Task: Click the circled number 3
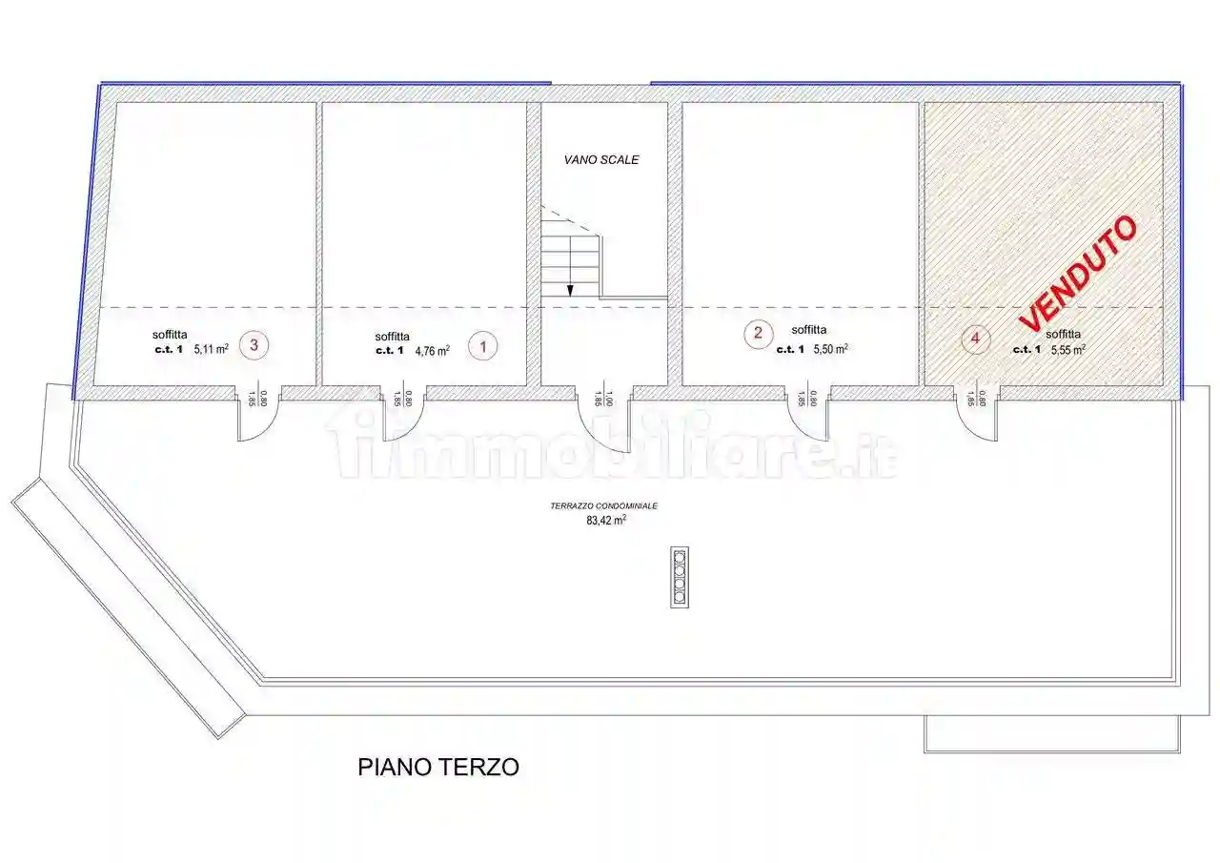tap(254, 345)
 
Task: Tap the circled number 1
tap(483, 347)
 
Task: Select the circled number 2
tap(758, 333)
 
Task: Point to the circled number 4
tap(974, 338)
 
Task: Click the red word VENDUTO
tap(1078, 273)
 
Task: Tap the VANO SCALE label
tap(600, 160)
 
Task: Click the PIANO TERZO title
tap(438, 767)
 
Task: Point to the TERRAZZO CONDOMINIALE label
tap(603, 507)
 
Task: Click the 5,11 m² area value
tap(211, 350)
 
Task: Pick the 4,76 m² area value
tap(432, 350)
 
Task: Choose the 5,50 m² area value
tap(830, 349)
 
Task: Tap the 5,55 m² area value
tap(1067, 349)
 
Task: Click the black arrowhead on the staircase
tap(570, 290)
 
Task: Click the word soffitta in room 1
tap(393, 336)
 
